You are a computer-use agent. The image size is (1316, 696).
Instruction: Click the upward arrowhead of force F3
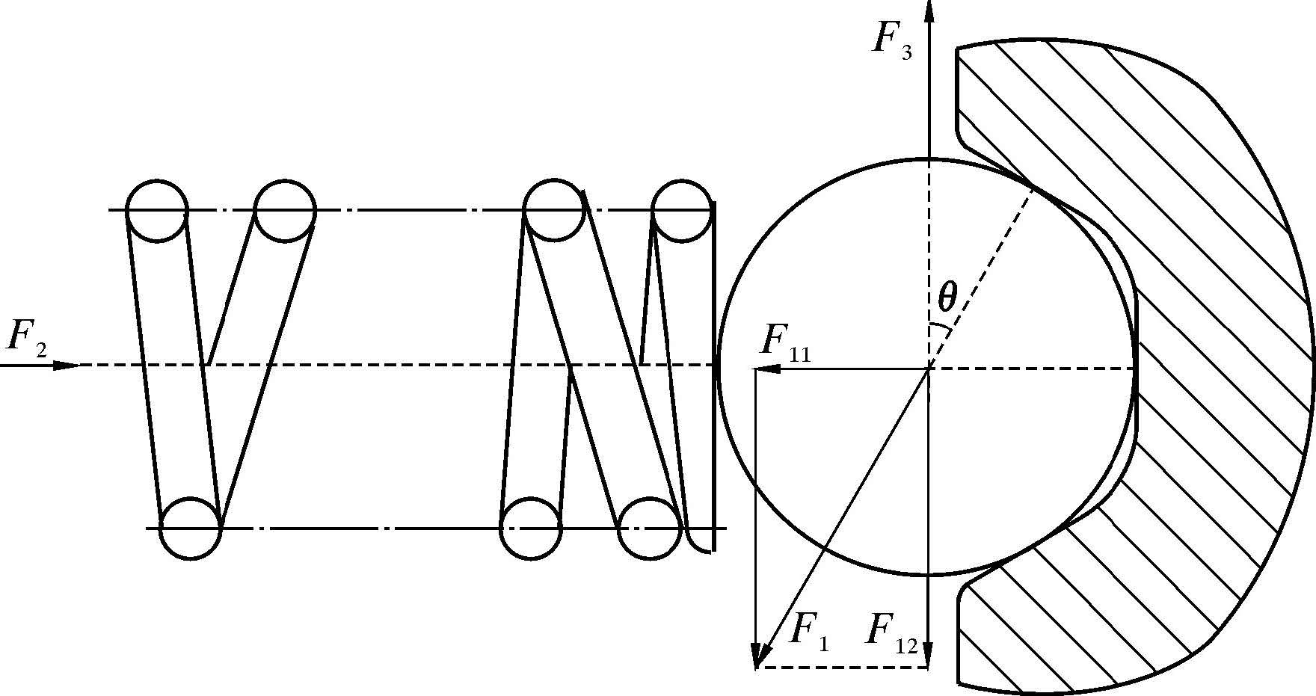[929, 11]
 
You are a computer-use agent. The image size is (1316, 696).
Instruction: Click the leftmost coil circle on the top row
[156, 211]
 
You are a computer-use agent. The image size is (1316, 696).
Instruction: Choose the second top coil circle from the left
[284, 211]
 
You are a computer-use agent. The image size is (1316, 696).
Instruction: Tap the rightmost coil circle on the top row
[680, 211]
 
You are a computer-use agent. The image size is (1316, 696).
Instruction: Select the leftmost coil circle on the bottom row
[191, 529]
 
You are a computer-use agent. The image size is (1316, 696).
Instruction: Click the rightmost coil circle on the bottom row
[650, 529]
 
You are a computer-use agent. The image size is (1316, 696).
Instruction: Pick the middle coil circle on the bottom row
[530, 529]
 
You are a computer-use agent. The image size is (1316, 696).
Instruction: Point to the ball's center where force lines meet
[929, 368]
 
